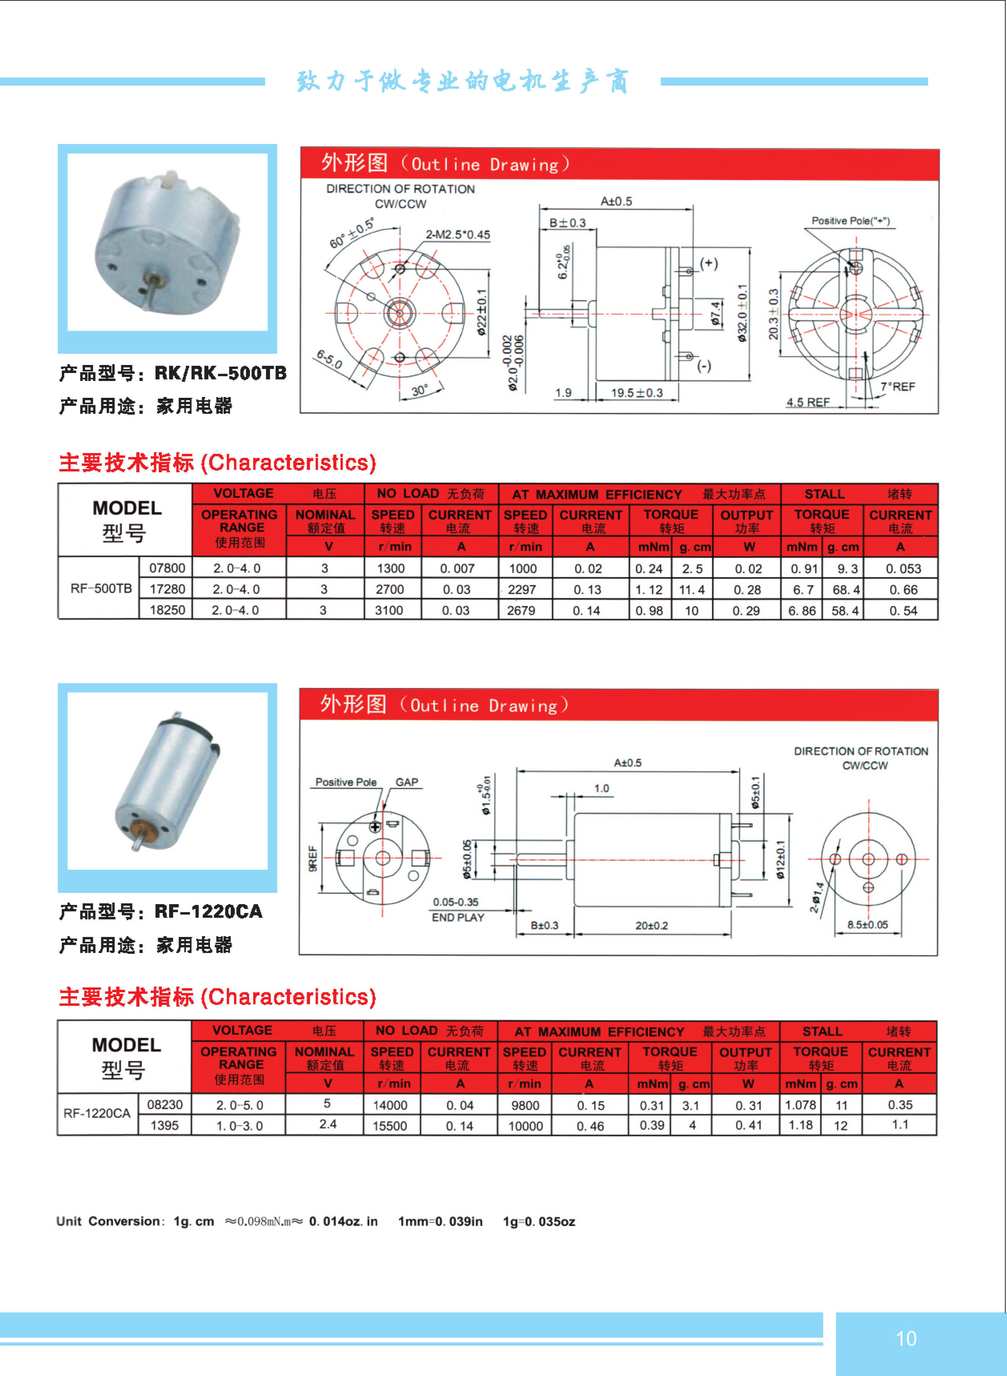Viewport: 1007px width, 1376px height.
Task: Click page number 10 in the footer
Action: click(906, 1338)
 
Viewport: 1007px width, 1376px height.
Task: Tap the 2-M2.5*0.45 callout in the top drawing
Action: click(458, 235)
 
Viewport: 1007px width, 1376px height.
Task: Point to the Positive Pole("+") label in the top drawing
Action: click(851, 221)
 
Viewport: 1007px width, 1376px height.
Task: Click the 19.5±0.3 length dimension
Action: click(637, 393)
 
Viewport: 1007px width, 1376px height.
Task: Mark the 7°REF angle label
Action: click(898, 386)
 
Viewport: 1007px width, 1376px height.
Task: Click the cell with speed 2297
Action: click(522, 589)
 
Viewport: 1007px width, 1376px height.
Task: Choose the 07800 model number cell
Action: click(167, 568)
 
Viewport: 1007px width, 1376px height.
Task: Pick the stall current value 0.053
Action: click(903, 569)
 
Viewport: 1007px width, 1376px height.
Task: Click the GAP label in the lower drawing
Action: click(407, 782)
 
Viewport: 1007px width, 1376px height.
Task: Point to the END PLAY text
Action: click(458, 917)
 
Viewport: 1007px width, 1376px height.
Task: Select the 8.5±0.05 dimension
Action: click(867, 925)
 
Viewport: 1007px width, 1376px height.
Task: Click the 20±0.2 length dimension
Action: click(652, 925)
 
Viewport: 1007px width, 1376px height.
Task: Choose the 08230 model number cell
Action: click(164, 1104)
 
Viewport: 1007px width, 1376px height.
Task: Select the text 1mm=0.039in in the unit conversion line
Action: click(440, 1221)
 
